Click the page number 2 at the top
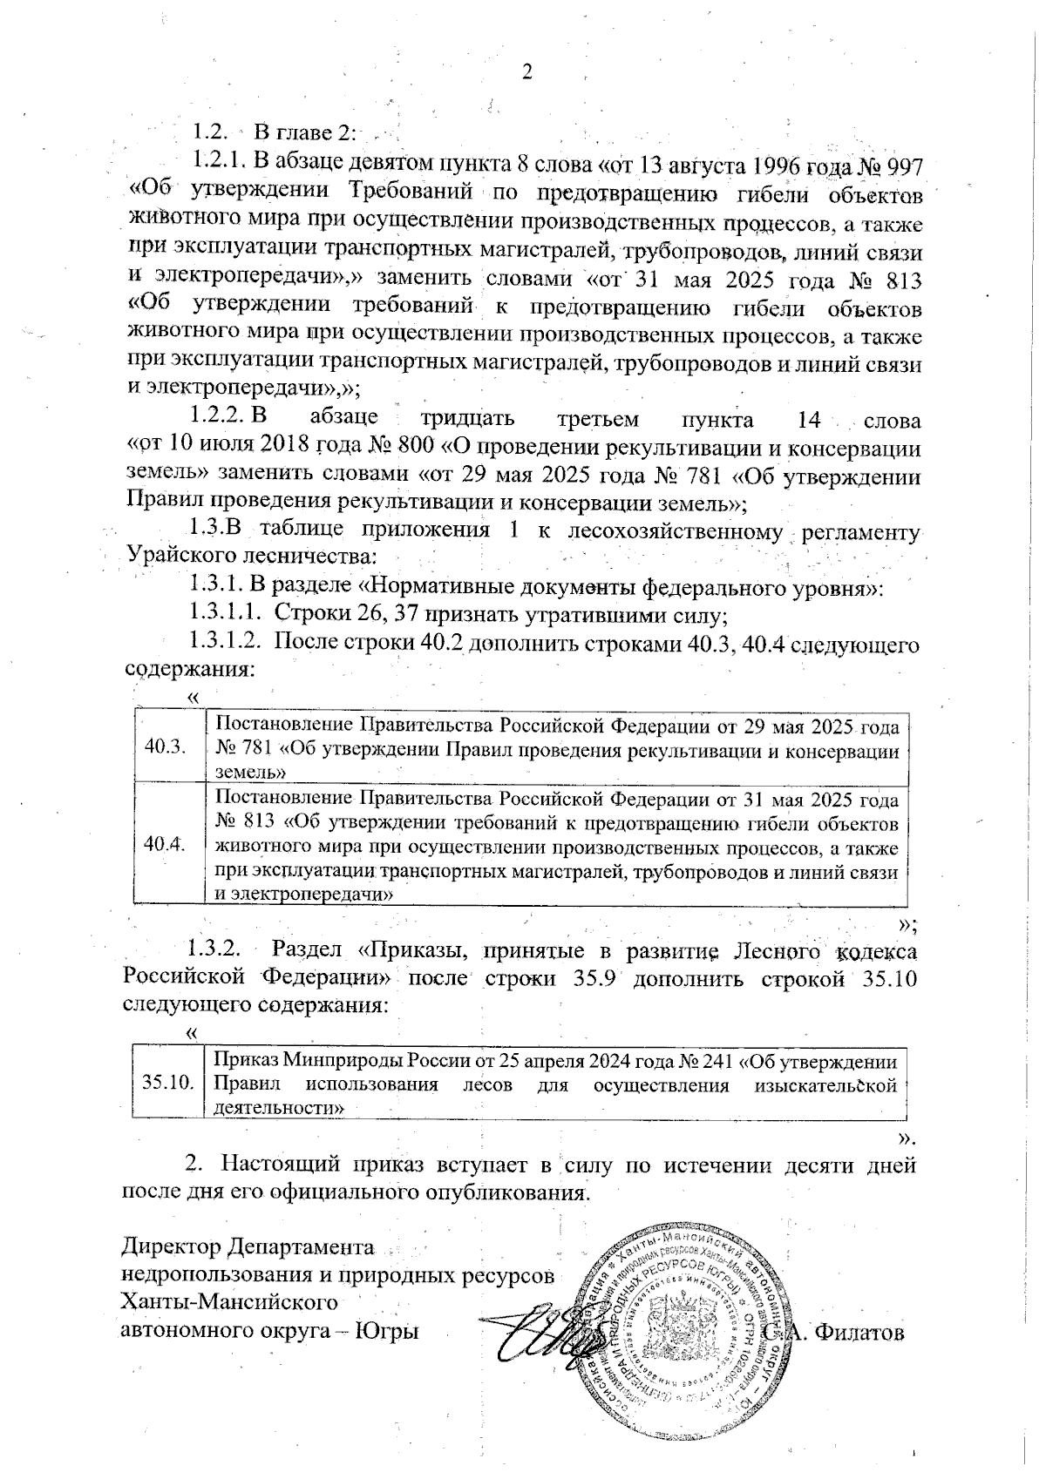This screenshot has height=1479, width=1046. pos(526,72)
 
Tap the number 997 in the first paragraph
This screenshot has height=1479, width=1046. pos(898,165)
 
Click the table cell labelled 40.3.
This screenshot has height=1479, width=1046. pos(165,746)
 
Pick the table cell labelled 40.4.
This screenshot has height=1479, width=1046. pos(165,844)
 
